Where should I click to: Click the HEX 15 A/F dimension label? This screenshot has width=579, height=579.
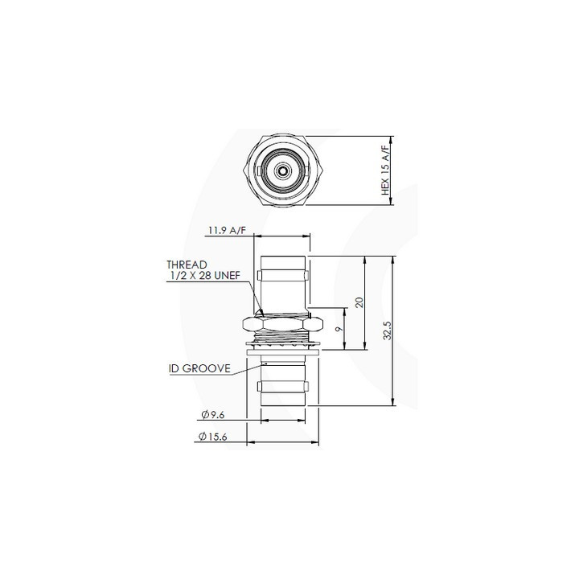point(385,170)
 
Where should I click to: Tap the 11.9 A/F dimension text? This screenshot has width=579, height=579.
point(227,231)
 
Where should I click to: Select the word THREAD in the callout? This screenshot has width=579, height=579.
point(187,265)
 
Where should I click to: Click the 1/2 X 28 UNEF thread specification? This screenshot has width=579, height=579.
point(205,276)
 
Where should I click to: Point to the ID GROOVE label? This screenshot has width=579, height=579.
point(199,368)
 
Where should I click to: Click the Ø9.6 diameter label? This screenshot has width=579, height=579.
point(213,415)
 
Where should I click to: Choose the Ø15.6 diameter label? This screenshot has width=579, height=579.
point(212,437)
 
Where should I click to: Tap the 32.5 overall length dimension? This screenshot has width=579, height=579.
point(387,331)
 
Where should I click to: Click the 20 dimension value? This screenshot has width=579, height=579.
point(359,302)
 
